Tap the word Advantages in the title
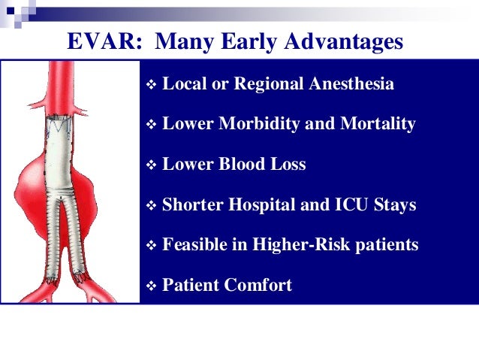(344, 42)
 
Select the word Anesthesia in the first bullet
(351, 83)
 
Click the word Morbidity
(259, 123)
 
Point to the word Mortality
(378, 123)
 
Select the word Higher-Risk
(301, 244)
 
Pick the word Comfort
(258, 284)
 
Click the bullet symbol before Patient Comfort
(151, 286)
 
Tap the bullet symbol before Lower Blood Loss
(151, 165)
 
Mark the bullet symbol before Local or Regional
(151, 84)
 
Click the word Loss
(288, 164)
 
